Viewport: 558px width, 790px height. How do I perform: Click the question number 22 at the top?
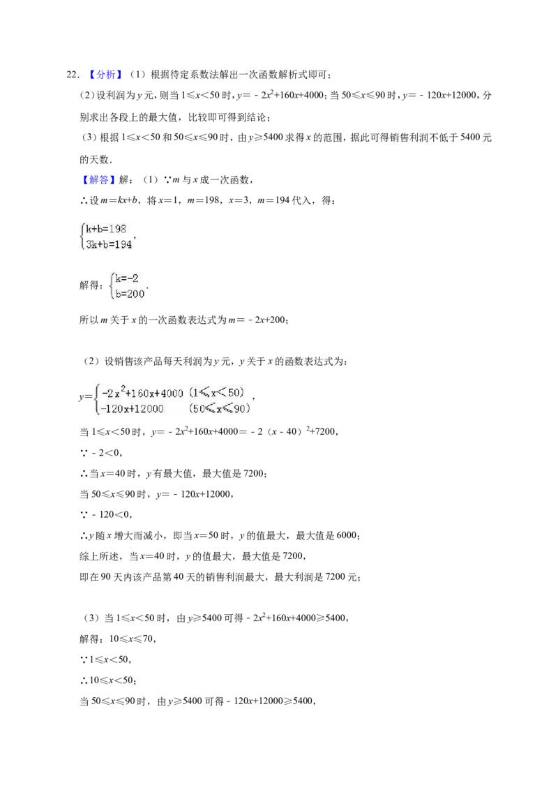point(72,75)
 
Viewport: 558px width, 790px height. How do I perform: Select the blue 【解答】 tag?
point(96,180)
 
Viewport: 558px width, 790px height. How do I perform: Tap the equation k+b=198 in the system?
point(106,229)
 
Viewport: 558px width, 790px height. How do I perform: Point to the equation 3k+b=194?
point(109,244)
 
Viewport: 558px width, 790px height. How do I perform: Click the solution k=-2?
point(126,278)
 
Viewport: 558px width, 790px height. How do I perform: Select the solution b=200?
point(130,294)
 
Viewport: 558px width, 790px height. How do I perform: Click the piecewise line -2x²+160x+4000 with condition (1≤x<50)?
point(173,393)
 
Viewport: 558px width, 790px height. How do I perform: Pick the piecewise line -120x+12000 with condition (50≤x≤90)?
point(175,408)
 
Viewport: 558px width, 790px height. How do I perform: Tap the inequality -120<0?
point(112,514)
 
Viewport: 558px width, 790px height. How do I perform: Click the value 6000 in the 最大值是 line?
point(347,535)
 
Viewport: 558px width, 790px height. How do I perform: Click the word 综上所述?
point(99,556)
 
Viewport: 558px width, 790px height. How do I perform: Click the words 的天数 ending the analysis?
point(94,159)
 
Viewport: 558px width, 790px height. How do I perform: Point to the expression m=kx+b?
point(119,200)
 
